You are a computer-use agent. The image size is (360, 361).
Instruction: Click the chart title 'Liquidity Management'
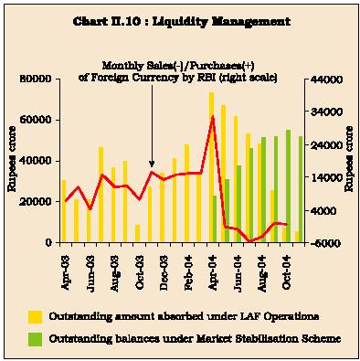(x=221, y=22)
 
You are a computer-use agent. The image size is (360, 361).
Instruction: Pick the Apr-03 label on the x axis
(x=65, y=273)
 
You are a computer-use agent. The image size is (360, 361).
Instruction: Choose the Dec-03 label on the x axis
(x=164, y=273)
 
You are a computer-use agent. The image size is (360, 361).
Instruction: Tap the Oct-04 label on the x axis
(x=286, y=273)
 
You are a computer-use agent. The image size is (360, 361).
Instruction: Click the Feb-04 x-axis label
(x=188, y=273)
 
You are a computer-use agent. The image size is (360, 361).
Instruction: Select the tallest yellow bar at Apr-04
(x=211, y=167)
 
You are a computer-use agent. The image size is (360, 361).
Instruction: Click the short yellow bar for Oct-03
(x=137, y=233)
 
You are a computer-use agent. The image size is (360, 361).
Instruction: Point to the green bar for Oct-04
(x=288, y=186)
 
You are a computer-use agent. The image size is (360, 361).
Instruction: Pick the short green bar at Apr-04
(x=215, y=218)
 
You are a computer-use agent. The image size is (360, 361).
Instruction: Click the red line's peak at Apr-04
(x=213, y=116)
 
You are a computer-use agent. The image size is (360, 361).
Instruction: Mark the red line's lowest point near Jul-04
(x=250, y=241)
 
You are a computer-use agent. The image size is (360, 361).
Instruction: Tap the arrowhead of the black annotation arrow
(x=152, y=165)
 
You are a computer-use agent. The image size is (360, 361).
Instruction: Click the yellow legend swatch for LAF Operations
(x=35, y=317)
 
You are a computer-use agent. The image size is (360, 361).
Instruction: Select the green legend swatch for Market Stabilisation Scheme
(x=35, y=339)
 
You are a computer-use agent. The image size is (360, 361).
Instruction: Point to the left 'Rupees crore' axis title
(x=12, y=159)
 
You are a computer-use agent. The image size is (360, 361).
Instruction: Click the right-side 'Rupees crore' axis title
(x=349, y=159)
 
